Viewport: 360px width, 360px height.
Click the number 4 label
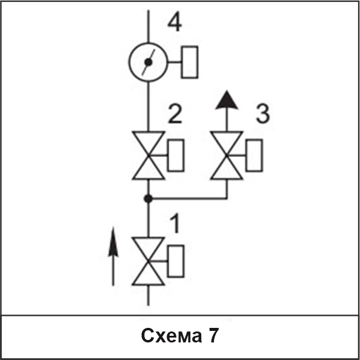click(175, 24)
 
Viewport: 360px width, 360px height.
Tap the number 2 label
click(175, 114)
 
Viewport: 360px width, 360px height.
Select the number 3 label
click(263, 114)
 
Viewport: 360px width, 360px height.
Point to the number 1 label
click(175, 224)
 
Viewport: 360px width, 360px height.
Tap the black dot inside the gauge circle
click(148, 62)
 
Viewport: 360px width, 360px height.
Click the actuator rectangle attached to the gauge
click(190, 62)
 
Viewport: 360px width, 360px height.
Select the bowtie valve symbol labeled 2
click(148, 155)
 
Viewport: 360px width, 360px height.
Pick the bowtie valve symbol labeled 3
click(227, 155)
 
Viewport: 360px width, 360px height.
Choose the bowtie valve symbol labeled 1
click(148, 261)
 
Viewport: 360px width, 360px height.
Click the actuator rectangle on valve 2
click(176, 155)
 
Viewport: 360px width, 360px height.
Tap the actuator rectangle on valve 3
click(254, 155)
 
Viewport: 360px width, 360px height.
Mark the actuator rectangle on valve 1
click(176, 261)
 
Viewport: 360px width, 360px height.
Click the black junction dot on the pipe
click(148, 199)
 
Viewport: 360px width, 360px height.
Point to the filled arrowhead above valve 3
click(227, 100)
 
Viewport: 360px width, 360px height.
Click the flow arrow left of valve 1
click(113, 256)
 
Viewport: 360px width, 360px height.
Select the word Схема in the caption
click(172, 336)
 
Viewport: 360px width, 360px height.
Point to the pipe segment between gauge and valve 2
click(148, 107)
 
